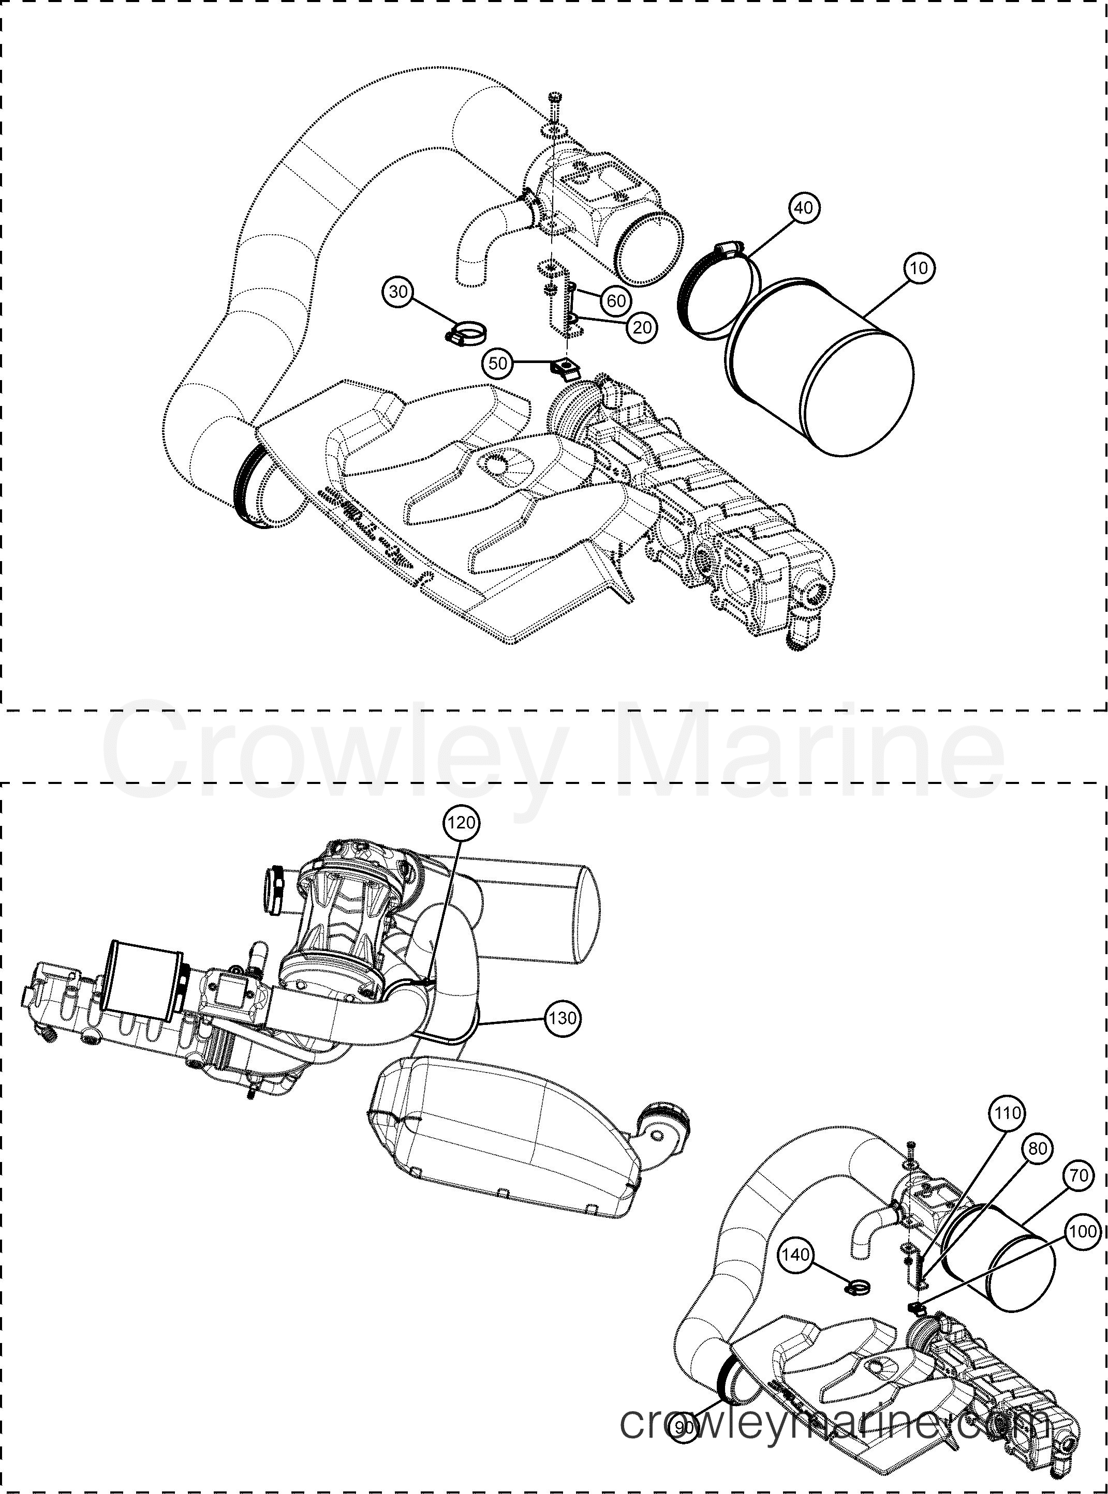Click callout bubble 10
(x=919, y=268)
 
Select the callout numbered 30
(x=399, y=292)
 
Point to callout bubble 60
(x=616, y=301)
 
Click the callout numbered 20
(x=642, y=328)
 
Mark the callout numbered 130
(x=562, y=1018)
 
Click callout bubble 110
(x=1007, y=1113)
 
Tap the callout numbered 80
(x=1037, y=1150)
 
